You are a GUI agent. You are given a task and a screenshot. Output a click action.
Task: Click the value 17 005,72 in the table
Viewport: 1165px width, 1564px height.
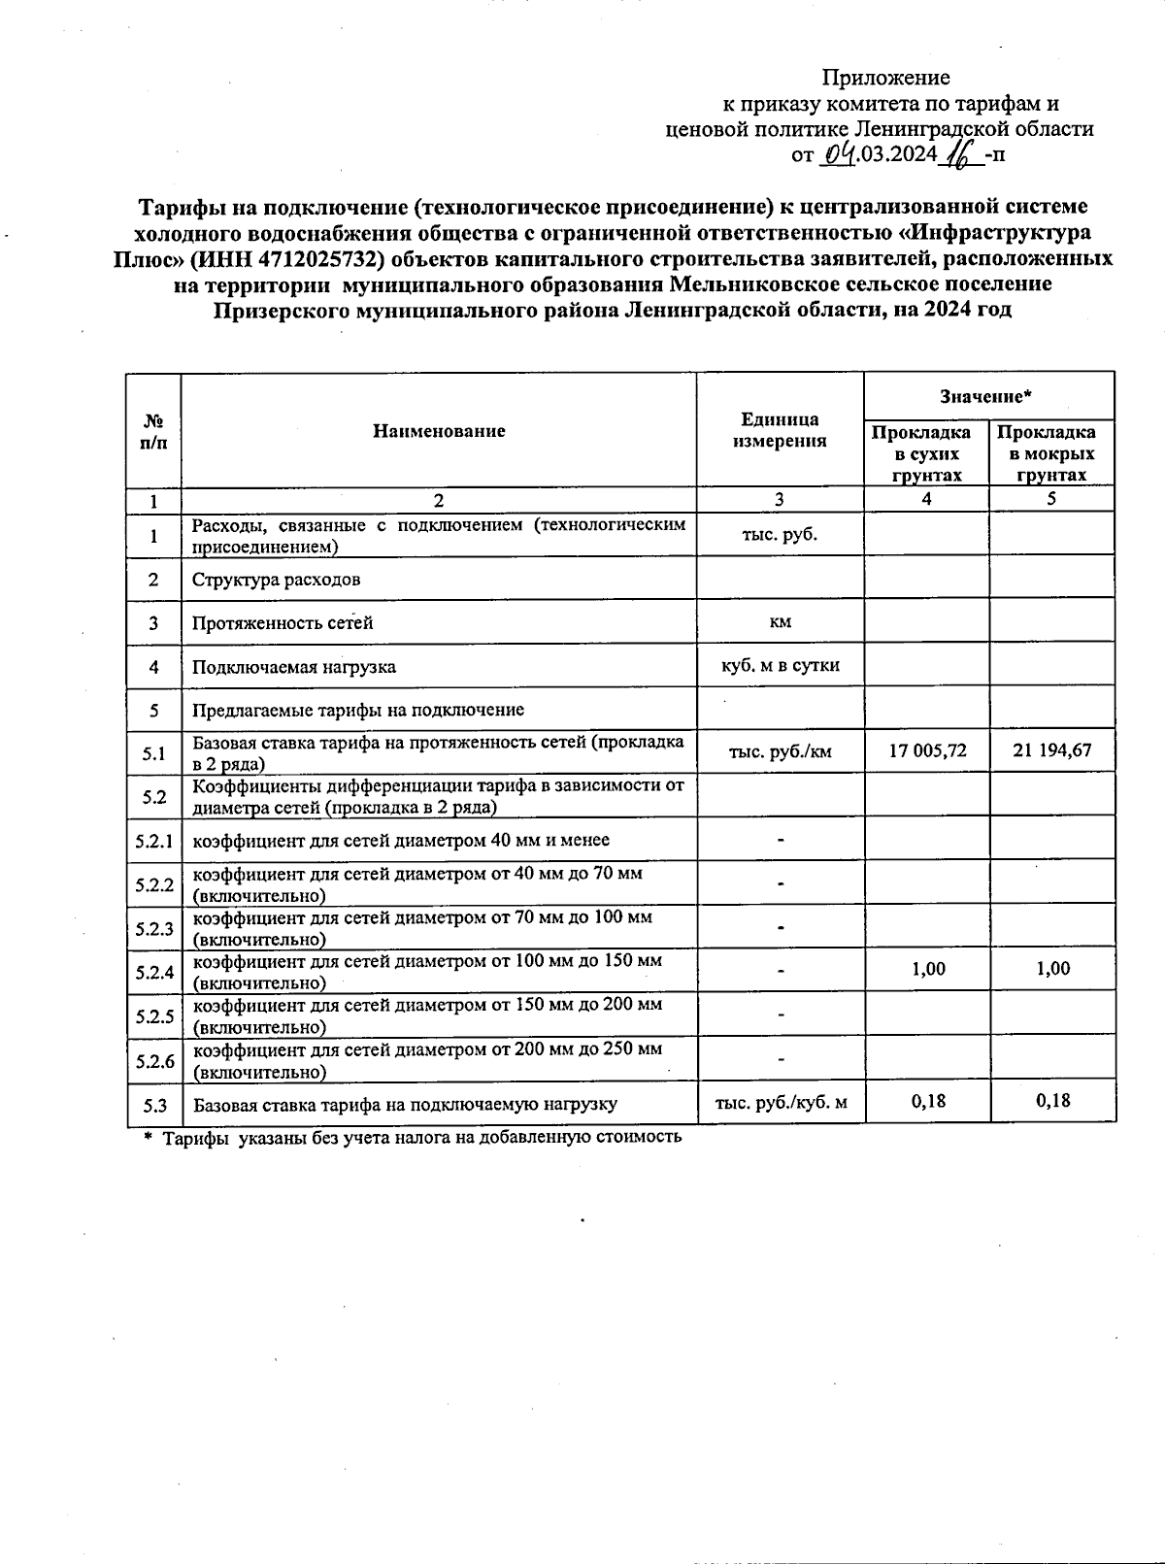[x=927, y=750]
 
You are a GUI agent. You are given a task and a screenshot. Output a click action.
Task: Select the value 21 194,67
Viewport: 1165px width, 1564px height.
[x=1051, y=750]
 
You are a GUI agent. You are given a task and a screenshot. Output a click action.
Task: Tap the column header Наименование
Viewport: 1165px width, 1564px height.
[x=439, y=431]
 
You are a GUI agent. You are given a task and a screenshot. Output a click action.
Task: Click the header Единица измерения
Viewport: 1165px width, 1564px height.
[x=780, y=430]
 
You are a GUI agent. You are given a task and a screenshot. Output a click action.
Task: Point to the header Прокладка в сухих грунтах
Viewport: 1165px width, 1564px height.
[x=926, y=453]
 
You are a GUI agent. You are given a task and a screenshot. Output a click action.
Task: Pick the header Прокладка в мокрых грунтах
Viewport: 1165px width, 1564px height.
[x=1051, y=453]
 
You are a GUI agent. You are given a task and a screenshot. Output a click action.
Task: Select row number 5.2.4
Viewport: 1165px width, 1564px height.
[x=154, y=972]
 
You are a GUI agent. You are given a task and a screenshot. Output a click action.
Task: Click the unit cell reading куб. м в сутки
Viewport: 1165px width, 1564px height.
[x=780, y=666]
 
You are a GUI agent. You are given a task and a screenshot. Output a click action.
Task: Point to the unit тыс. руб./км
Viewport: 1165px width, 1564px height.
[x=780, y=750]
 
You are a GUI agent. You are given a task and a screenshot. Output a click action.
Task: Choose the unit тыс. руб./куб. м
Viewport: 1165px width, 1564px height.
[x=781, y=1103]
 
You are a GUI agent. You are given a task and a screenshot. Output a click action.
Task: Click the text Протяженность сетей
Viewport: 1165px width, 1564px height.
[x=283, y=623]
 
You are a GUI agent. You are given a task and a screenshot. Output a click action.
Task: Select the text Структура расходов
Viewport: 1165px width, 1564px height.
[x=276, y=580]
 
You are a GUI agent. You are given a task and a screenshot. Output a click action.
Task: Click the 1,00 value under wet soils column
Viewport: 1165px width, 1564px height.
[x=1052, y=969]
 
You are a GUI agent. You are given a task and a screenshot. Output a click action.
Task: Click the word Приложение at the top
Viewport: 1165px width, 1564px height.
[x=885, y=78]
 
